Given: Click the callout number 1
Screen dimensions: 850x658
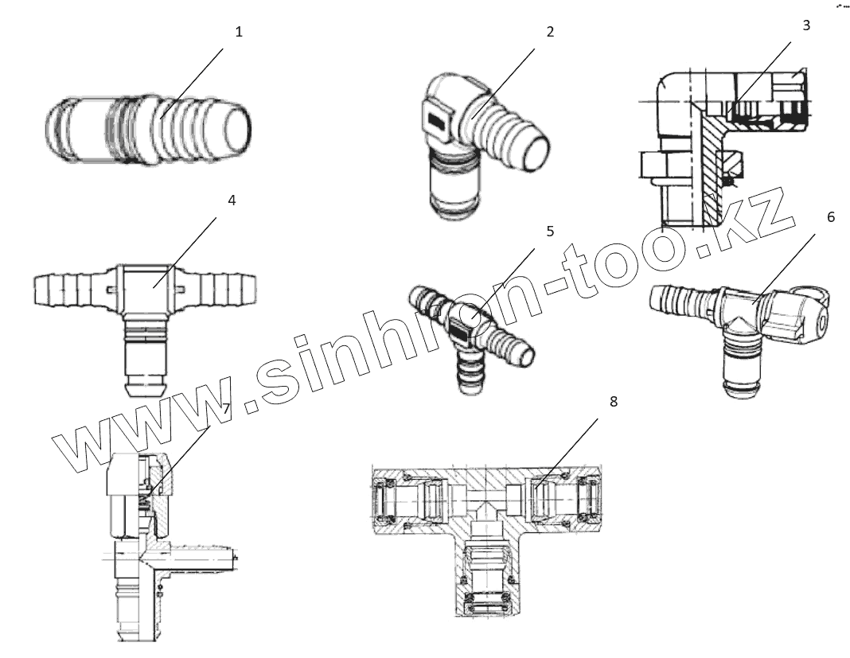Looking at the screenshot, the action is (239, 32).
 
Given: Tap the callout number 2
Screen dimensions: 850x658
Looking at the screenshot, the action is (550, 32).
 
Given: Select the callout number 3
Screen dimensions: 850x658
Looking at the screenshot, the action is (806, 25).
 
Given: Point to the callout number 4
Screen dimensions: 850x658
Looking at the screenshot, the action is (232, 201).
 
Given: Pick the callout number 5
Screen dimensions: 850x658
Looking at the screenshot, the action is (549, 232).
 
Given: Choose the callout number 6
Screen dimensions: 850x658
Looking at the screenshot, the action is (831, 217).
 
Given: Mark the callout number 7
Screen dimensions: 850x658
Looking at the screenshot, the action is (226, 408).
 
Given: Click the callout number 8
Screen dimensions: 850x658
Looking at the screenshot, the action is (613, 401).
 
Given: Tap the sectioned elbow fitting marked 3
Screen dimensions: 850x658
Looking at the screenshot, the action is (716, 151).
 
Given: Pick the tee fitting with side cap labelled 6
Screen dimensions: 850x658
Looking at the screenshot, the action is (740, 326).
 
